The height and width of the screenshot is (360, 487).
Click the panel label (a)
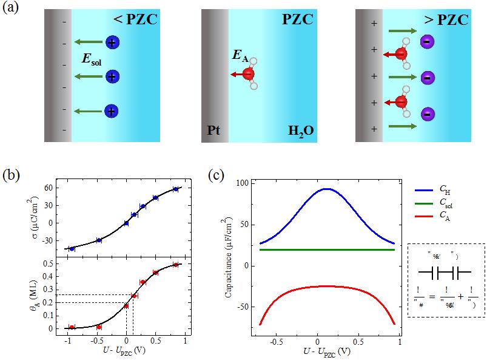tap(13, 10)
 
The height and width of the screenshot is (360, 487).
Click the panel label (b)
tap(13, 176)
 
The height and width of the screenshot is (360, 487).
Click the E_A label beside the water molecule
tap(241, 57)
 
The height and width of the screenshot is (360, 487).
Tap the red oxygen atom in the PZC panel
tap(249, 75)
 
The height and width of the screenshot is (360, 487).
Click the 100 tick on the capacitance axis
tap(243, 183)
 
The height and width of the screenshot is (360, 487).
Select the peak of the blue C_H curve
tap(326, 189)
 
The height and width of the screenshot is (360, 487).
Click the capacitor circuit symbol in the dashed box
tap(437, 273)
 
